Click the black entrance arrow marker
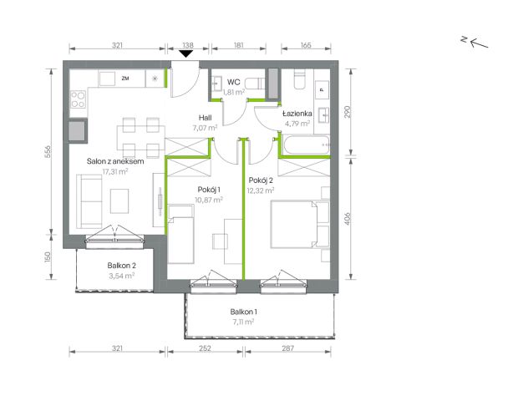[186, 54]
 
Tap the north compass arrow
[479, 43]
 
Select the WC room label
[233, 82]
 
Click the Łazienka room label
[297, 114]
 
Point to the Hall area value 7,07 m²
[205, 128]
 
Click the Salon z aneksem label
[115, 161]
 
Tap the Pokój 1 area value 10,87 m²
[209, 200]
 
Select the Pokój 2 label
[261, 180]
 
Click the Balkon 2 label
[121, 266]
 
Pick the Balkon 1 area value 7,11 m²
[243, 322]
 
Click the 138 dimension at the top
[188, 45]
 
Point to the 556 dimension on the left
[48, 152]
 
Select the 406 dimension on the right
[348, 219]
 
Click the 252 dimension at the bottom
[205, 348]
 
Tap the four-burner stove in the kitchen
[79, 99]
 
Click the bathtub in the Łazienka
[307, 145]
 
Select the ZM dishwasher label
[125, 79]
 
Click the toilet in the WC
[255, 84]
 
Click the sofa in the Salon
[89, 201]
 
